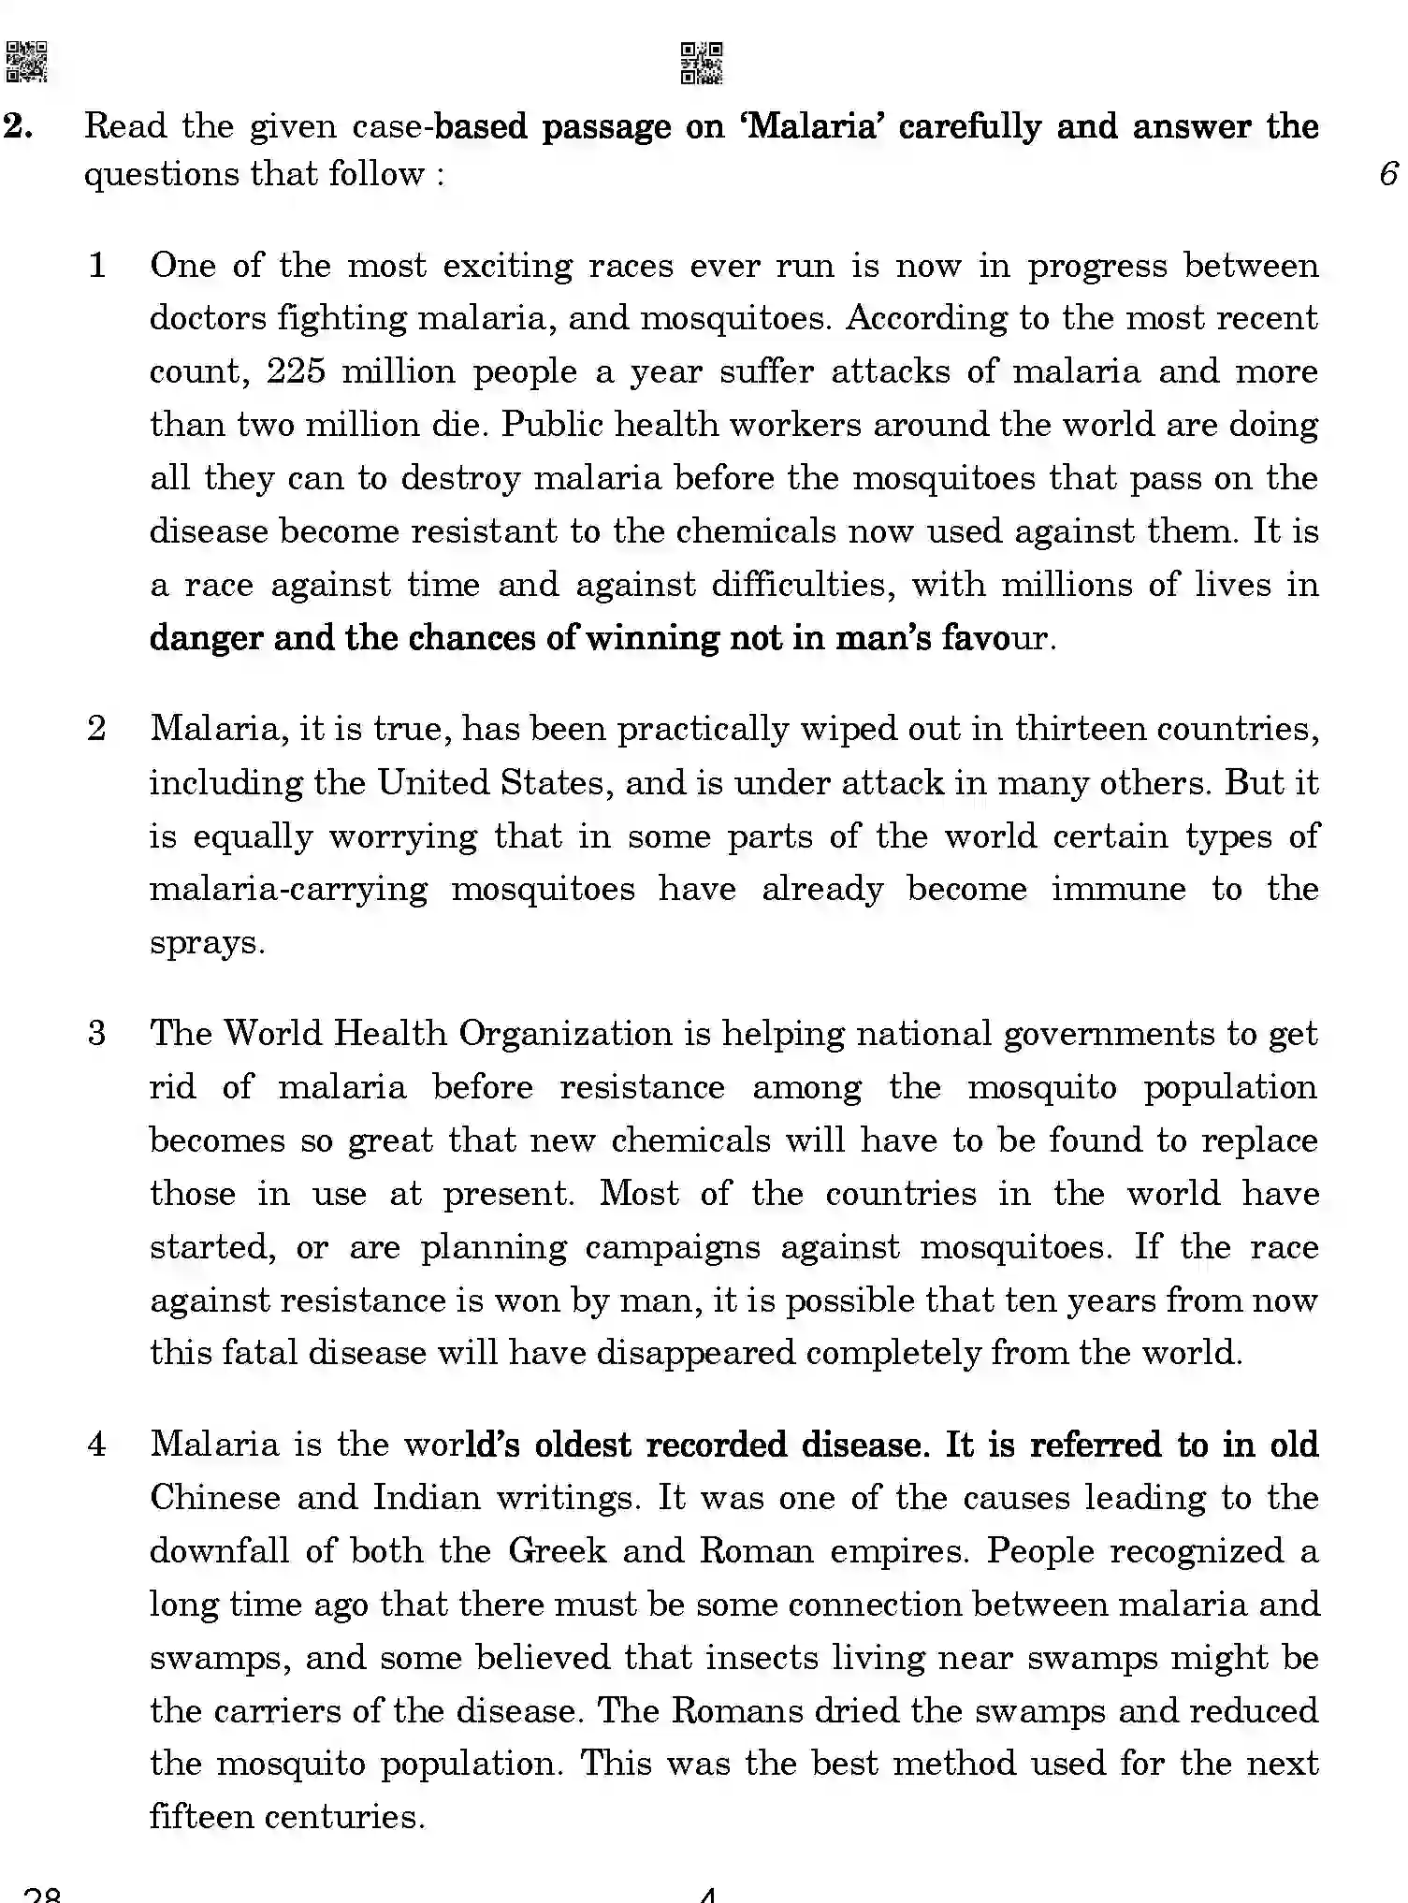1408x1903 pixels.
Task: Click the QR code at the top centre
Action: [701, 63]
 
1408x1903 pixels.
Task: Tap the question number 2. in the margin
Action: [20, 126]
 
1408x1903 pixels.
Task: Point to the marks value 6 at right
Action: [1388, 174]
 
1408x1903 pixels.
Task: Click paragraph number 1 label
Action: [97, 266]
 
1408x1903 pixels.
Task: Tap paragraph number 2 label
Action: [97, 729]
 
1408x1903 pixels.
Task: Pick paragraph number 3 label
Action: [97, 1034]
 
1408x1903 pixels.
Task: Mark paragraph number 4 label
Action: [97, 1445]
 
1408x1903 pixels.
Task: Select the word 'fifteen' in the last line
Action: [200, 1817]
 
